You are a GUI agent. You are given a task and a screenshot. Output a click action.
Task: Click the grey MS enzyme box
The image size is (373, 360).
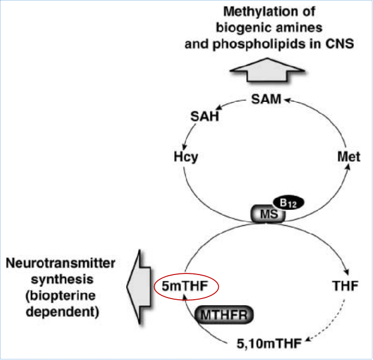pyautogui.click(x=268, y=214)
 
